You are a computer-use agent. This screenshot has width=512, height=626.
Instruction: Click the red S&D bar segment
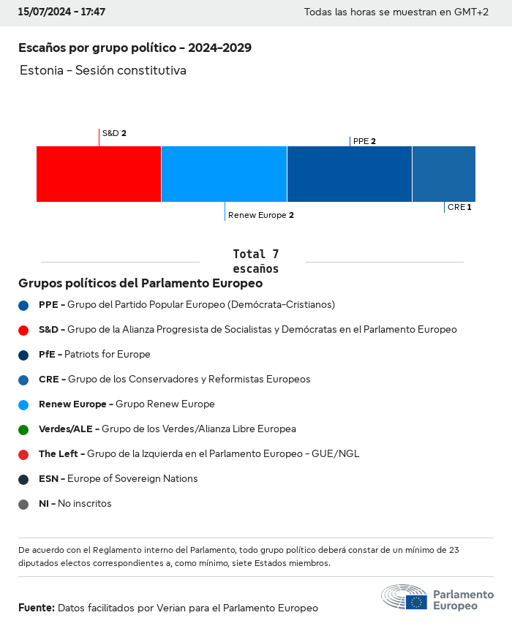[x=99, y=174]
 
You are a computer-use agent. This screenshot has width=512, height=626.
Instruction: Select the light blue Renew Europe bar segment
[x=224, y=174]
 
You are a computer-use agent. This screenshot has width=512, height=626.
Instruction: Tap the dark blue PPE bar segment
[x=350, y=174]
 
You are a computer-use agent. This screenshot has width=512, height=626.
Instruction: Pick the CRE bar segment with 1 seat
[x=444, y=174]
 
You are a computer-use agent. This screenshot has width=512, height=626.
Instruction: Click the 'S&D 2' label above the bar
[x=114, y=133]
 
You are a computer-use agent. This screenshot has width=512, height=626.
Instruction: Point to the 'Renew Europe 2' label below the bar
[x=260, y=215]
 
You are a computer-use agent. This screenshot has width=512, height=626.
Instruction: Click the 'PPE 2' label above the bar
[x=364, y=141]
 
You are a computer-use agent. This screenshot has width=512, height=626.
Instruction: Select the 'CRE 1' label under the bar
[x=459, y=207]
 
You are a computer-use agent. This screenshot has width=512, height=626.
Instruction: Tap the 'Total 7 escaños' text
[x=255, y=261]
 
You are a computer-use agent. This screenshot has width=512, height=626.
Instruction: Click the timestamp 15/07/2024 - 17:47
[x=61, y=12]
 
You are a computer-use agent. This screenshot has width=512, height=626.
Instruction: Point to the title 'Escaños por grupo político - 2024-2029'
[x=135, y=48]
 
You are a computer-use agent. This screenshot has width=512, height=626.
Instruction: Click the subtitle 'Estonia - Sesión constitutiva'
[x=103, y=70]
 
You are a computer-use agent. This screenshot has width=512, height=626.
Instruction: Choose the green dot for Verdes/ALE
[x=23, y=429]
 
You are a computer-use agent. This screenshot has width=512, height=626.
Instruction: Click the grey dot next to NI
[x=23, y=504]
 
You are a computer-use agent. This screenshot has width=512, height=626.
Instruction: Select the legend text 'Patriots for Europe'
[x=108, y=354]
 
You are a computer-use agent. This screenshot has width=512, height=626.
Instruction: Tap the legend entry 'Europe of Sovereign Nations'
[x=132, y=478]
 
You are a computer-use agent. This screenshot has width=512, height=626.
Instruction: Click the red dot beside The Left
[x=23, y=454]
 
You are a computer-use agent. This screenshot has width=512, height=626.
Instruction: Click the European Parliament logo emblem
[x=404, y=597]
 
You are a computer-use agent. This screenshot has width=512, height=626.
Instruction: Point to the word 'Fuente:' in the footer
[x=37, y=608]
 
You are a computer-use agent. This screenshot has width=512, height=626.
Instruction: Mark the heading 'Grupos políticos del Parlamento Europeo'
[x=140, y=283]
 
